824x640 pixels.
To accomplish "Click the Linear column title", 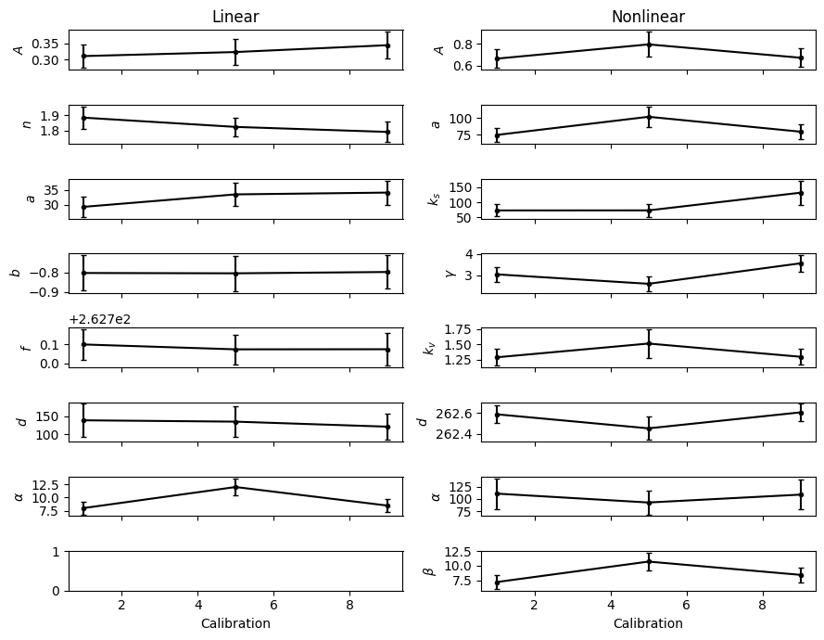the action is click(235, 17).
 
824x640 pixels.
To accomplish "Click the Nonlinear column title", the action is click(648, 17).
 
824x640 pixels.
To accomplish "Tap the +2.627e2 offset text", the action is click(100, 319).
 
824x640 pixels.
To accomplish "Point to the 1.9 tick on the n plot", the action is click(52, 116).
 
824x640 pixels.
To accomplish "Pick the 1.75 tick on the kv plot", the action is click(460, 329).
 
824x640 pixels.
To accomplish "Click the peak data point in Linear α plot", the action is click(236, 488).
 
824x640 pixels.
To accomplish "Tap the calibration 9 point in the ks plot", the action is click(801, 193).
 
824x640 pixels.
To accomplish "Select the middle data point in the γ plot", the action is click(649, 284).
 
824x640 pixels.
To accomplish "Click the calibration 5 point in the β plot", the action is click(649, 562).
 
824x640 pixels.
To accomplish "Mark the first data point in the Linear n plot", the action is click(83, 118).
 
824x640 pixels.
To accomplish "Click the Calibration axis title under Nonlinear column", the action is click(648, 623).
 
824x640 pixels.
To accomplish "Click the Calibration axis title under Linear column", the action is click(235, 623).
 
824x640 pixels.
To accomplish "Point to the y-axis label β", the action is click(433, 570).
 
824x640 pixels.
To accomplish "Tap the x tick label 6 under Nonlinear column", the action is click(686, 605).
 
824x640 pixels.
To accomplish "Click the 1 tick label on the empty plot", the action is click(57, 552).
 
